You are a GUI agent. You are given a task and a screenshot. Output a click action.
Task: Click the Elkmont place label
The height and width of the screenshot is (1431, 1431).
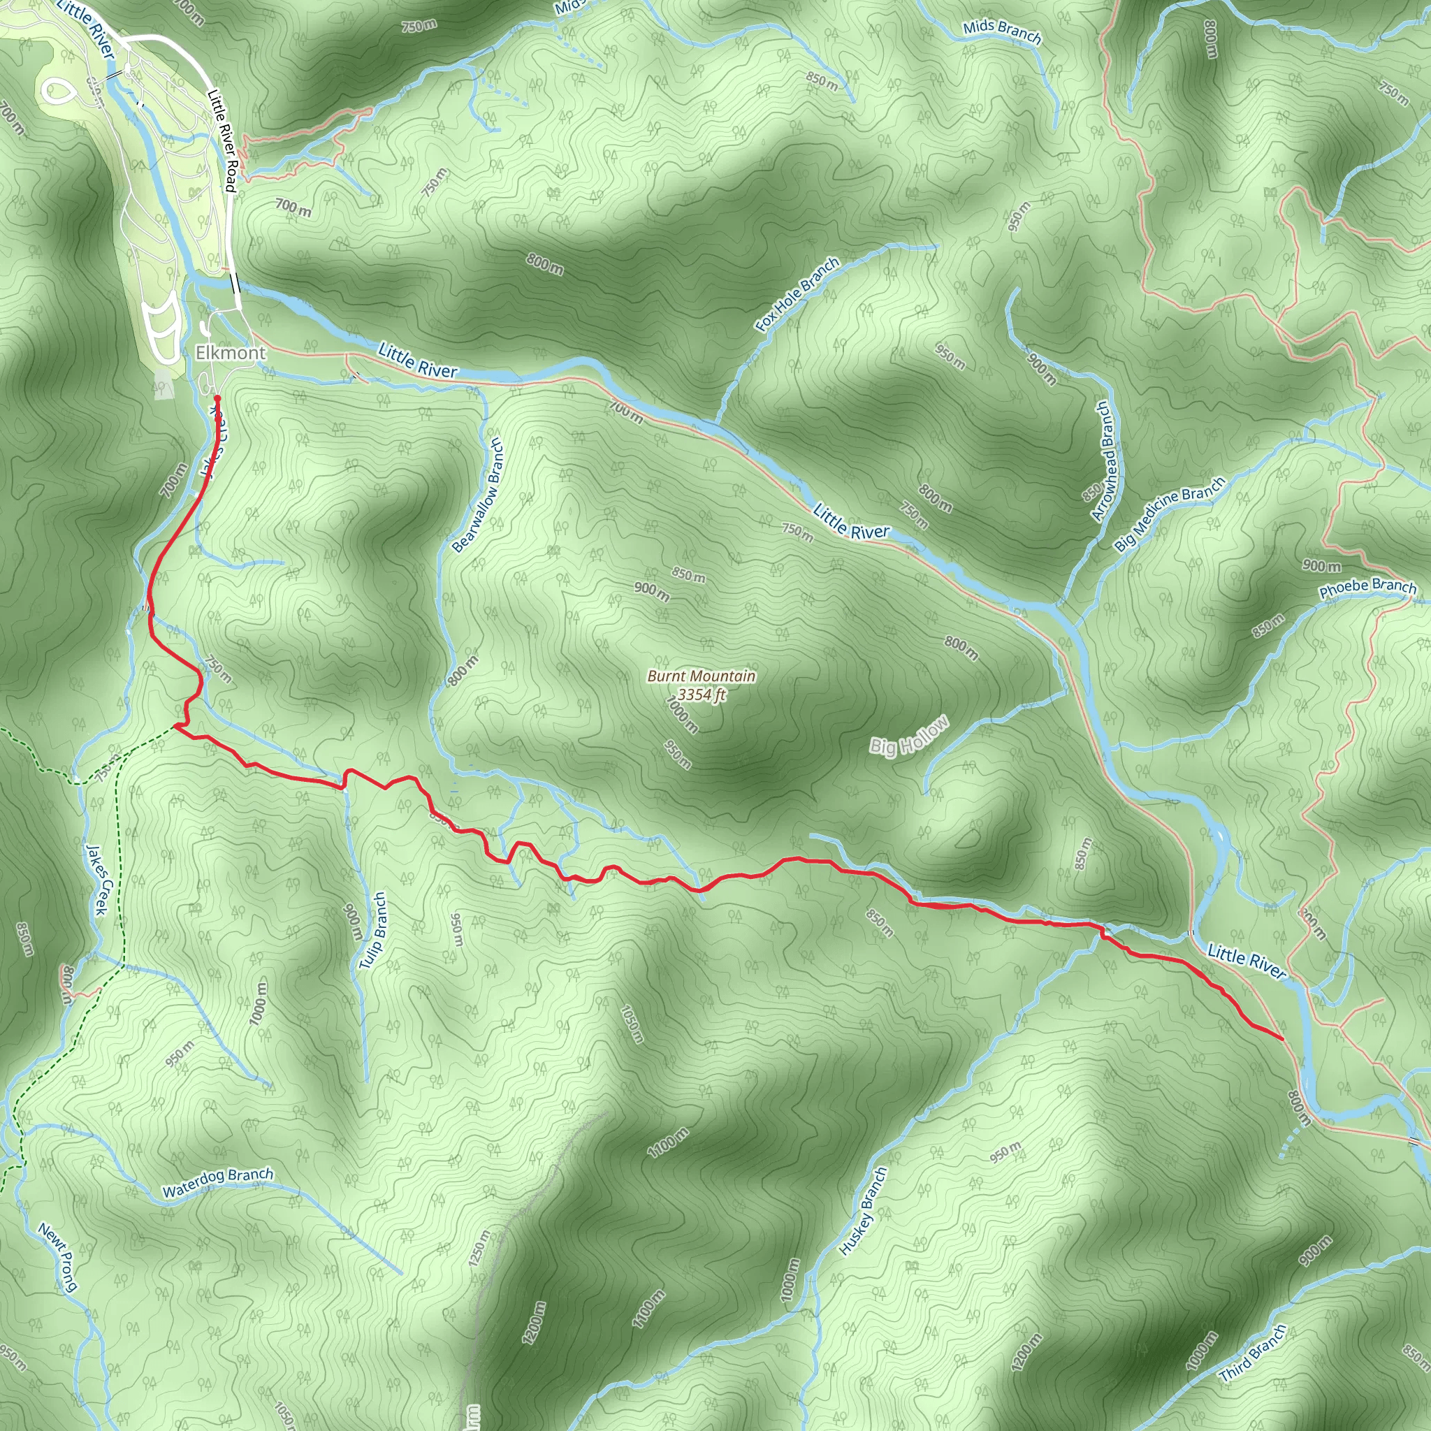230,354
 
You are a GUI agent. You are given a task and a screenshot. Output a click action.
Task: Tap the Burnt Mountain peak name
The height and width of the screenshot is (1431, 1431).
701,676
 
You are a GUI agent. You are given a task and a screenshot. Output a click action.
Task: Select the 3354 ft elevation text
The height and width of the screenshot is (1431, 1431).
701,694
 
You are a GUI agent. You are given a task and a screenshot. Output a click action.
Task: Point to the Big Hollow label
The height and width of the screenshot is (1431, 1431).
908,736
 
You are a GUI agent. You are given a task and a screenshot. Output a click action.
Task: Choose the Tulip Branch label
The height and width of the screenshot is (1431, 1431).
372,930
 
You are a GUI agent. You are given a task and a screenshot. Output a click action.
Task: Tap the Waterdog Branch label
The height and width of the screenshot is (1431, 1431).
218,1183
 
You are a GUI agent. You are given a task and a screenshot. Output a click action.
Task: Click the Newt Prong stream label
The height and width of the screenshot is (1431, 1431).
58,1258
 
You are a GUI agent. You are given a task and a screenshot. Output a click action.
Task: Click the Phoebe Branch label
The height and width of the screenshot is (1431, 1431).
1367,588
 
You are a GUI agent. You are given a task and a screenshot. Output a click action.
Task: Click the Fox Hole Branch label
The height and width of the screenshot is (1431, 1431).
797,294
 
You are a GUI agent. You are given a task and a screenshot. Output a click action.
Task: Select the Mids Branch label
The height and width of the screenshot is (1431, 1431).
1001,31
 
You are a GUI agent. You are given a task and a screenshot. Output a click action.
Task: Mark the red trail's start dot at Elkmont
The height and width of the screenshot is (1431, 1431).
217,398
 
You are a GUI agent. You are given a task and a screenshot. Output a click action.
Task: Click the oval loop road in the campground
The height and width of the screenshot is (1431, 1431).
59,91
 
